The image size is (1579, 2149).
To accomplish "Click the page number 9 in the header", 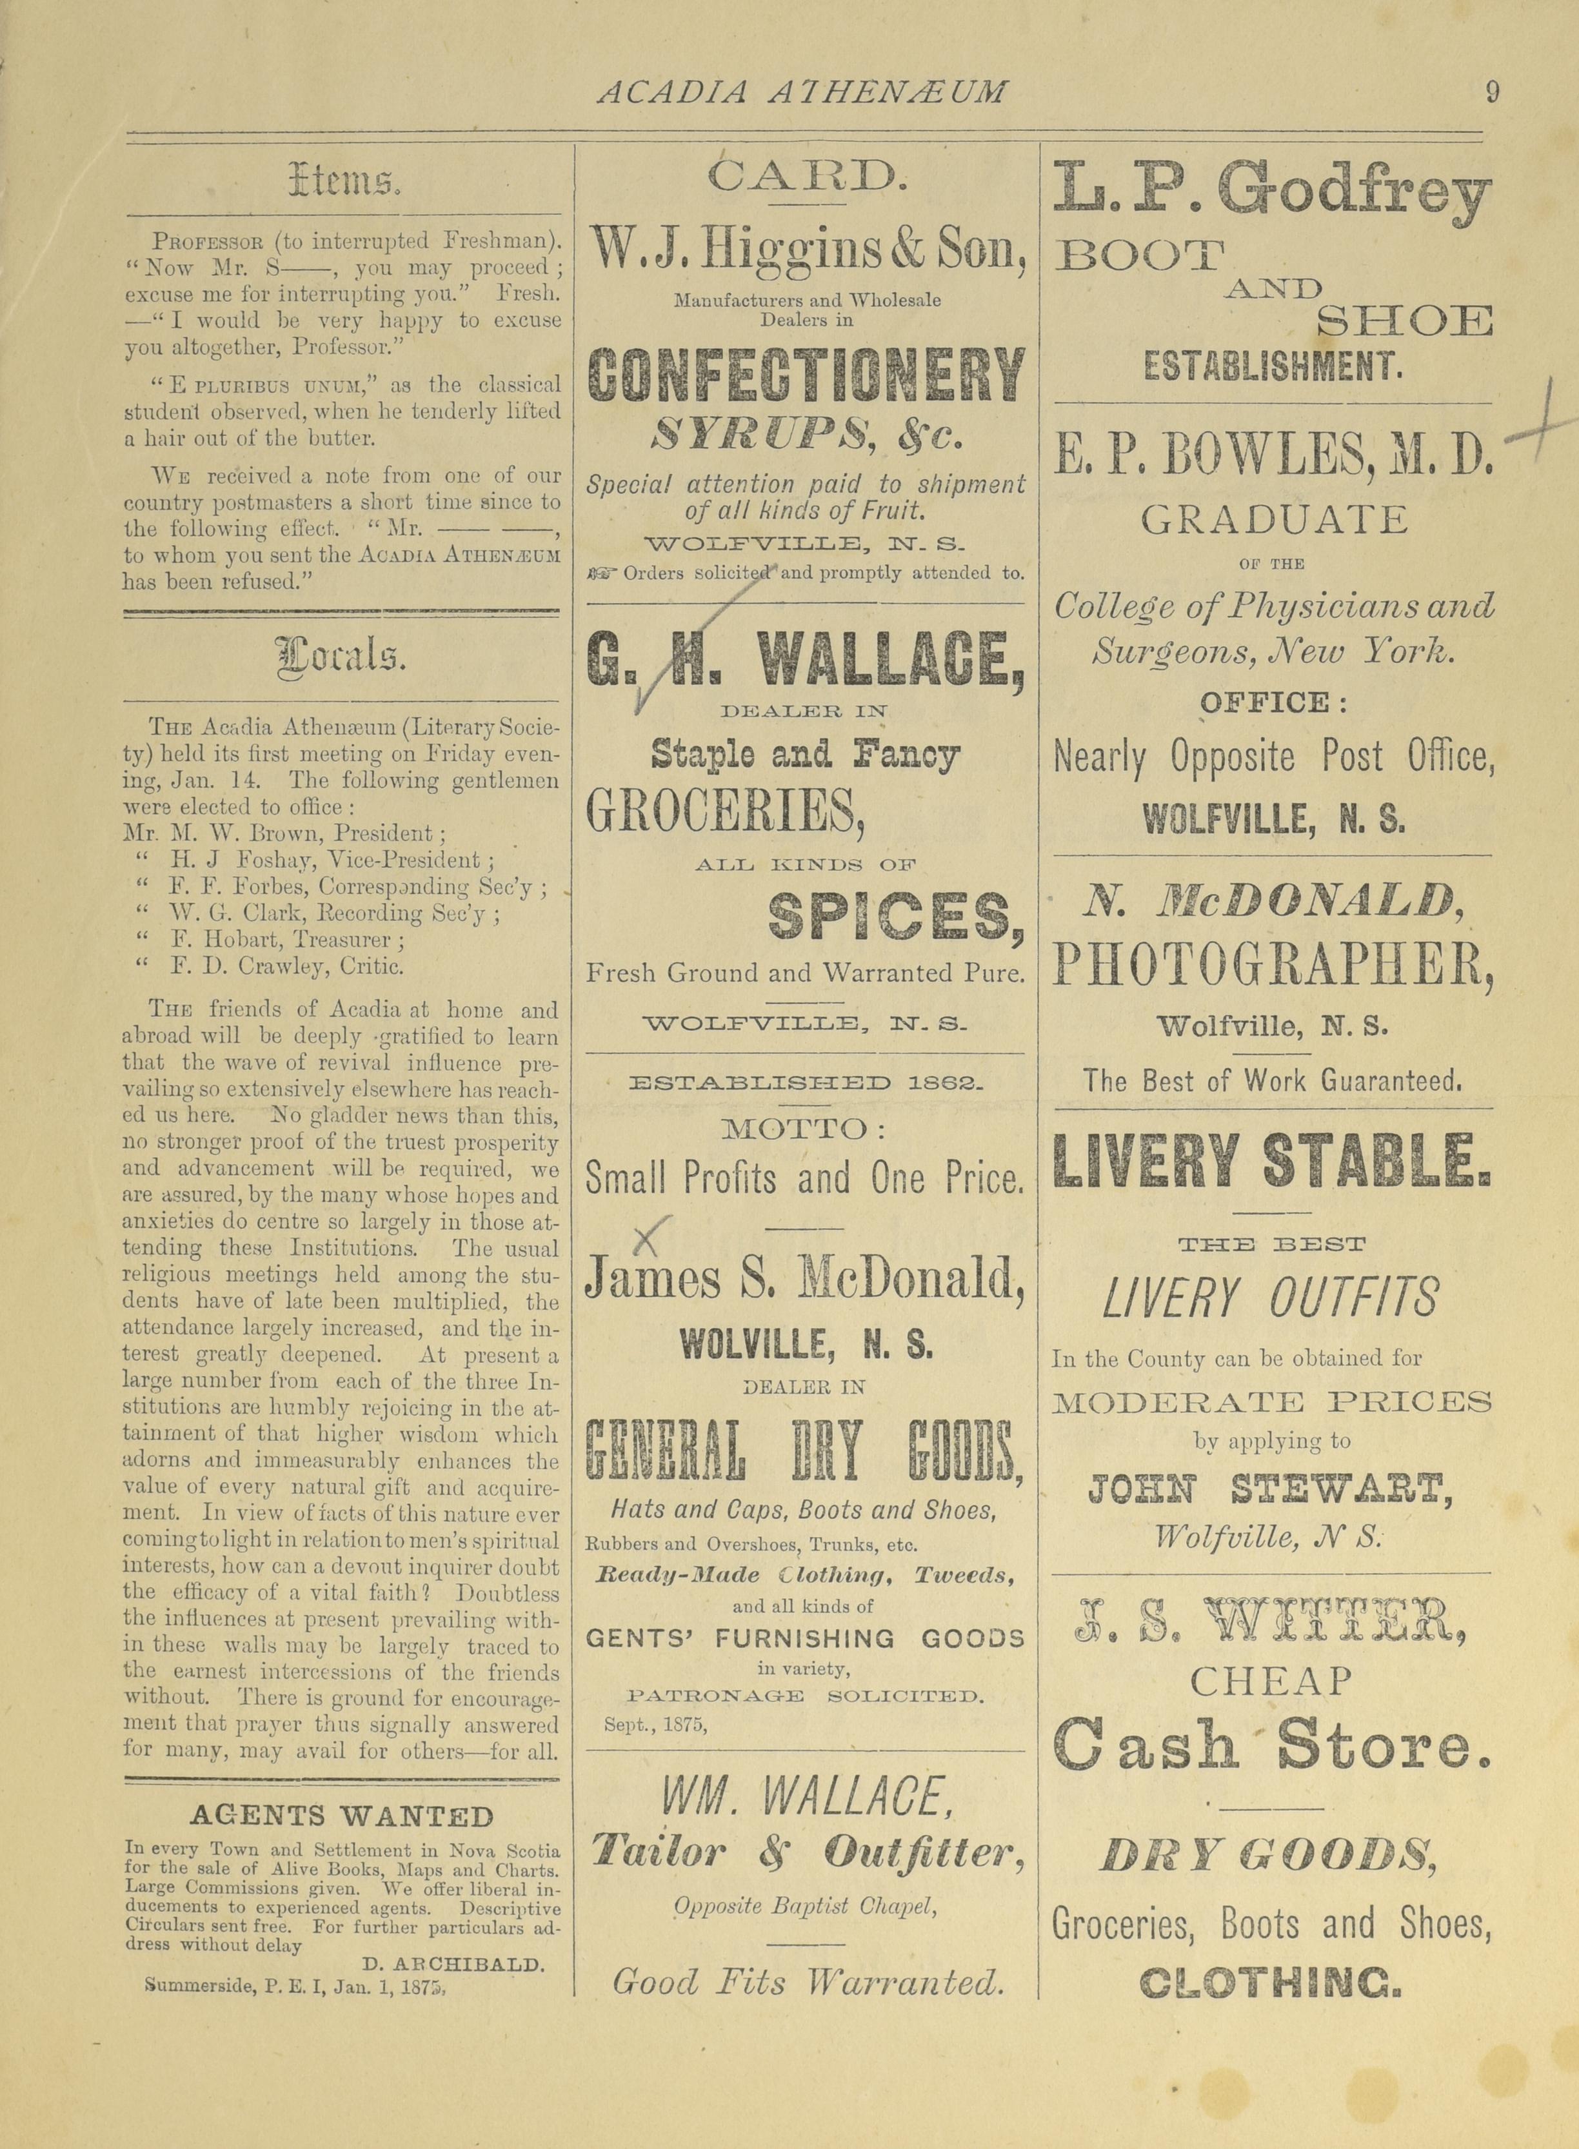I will tap(1492, 93).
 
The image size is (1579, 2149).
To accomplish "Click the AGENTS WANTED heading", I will tap(342, 1816).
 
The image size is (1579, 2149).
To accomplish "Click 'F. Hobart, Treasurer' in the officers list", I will tap(287, 939).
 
